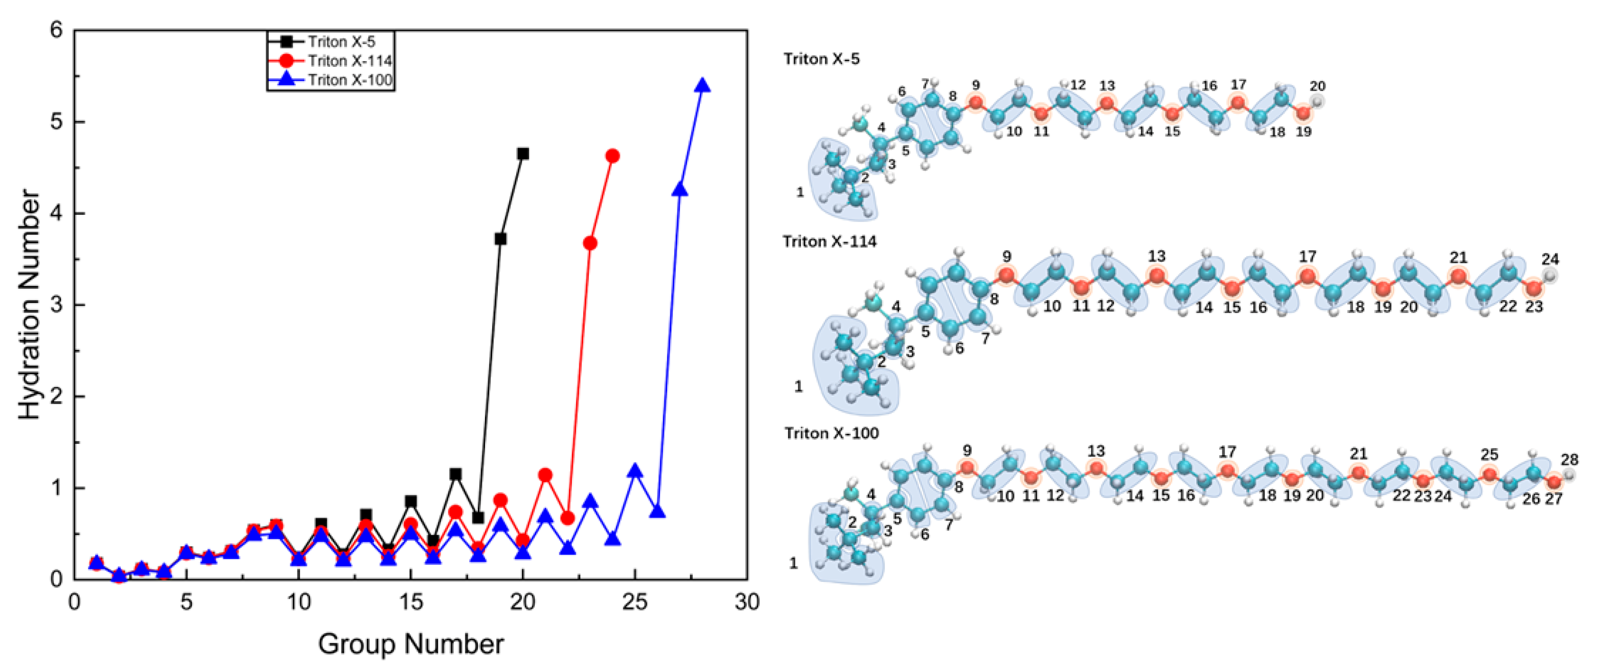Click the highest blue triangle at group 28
[702, 86]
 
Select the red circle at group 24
[612, 156]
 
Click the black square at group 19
[500, 239]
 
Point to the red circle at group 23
[590, 243]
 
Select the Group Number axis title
[411, 644]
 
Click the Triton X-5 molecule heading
[821, 59]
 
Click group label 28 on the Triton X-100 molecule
[1569, 460]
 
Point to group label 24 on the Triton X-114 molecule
[1550, 259]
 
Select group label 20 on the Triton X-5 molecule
[1317, 86]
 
